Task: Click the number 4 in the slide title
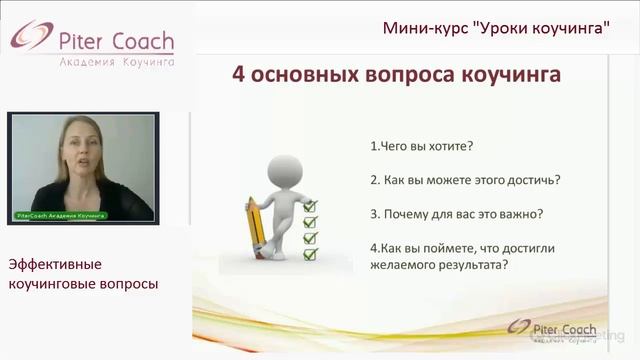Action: pos(238,76)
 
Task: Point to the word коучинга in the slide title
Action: pos(500,76)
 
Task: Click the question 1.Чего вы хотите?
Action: pos(421,146)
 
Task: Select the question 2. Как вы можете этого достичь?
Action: pos(465,180)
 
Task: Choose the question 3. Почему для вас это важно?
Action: pos(456,213)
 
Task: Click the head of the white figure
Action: pos(285,169)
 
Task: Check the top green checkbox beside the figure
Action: pos(310,206)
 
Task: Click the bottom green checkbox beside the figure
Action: pos(310,255)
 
